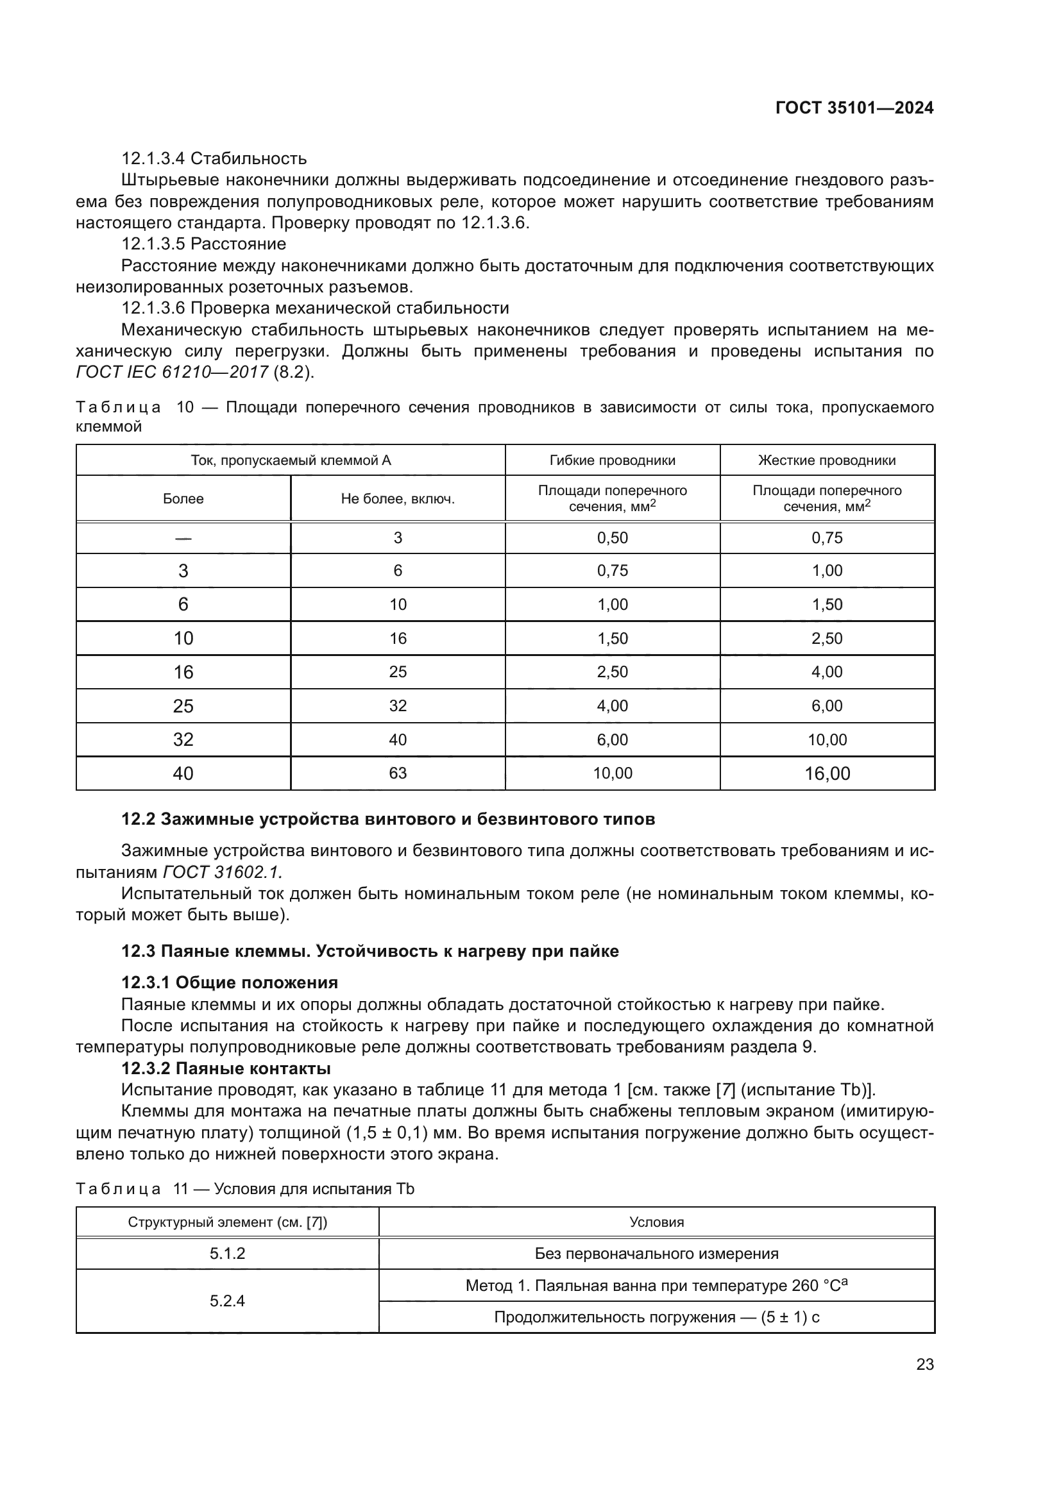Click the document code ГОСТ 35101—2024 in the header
coord(854,108)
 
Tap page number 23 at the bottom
coord(924,1364)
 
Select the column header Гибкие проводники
coord(612,460)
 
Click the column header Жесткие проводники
coord(826,460)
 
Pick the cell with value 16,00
coord(826,773)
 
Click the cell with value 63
coord(397,773)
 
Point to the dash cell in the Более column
coord(183,537)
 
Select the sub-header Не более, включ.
coord(397,499)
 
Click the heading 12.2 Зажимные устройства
coord(388,819)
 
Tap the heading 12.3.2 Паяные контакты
coord(226,1069)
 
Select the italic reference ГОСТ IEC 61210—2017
coord(172,373)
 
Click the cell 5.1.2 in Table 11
coord(226,1254)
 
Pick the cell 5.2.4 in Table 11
coord(226,1301)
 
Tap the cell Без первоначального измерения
coord(656,1254)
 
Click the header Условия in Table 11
coord(656,1222)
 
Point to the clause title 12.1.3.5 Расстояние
coord(204,244)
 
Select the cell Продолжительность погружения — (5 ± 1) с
coord(656,1317)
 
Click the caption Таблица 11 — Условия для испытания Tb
coord(245,1189)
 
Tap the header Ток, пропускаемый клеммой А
coord(290,460)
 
